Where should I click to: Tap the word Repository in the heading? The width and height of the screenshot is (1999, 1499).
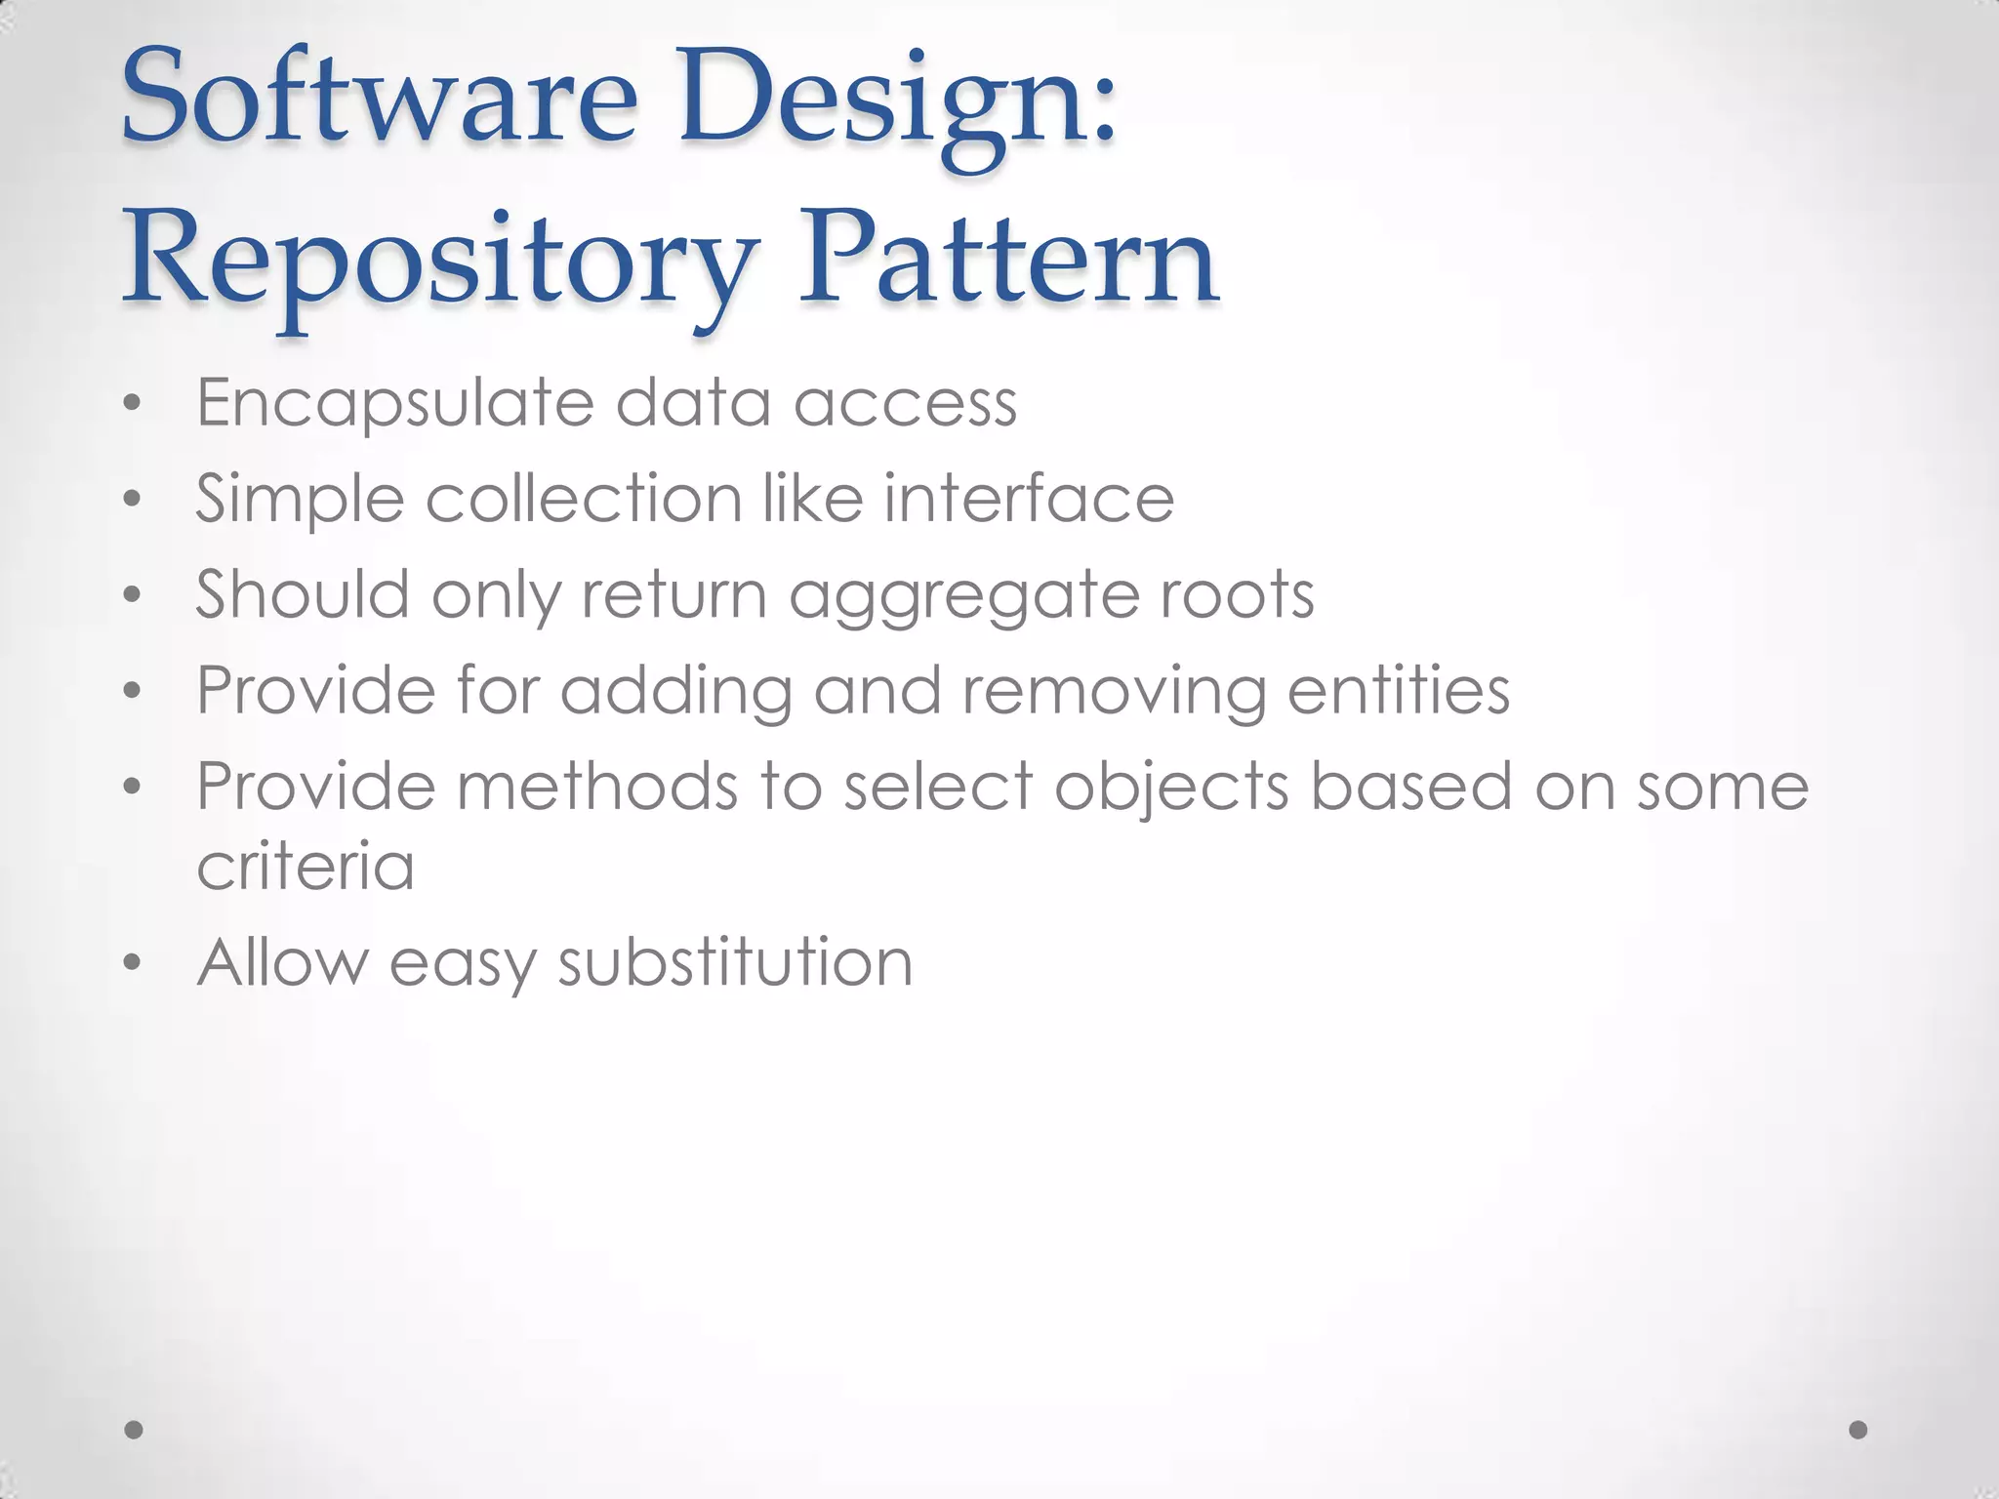click(439, 263)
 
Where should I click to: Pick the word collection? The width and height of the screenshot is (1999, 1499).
click(585, 499)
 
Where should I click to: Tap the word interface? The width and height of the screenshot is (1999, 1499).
click(1029, 499)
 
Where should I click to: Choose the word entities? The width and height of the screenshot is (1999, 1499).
click(1399, 691)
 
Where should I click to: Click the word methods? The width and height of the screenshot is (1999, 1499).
click(597, 787)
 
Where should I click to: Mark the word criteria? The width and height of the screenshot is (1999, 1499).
click(306, 866)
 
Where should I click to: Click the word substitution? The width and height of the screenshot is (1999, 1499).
click(735, 963)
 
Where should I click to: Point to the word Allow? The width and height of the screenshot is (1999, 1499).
click(283, 962)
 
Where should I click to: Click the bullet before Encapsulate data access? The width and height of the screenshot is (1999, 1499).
click(133, 404)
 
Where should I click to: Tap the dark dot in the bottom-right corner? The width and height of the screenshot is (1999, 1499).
click(1858, 1430)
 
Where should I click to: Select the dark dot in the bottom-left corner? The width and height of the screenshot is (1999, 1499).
click(135, 1430)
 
